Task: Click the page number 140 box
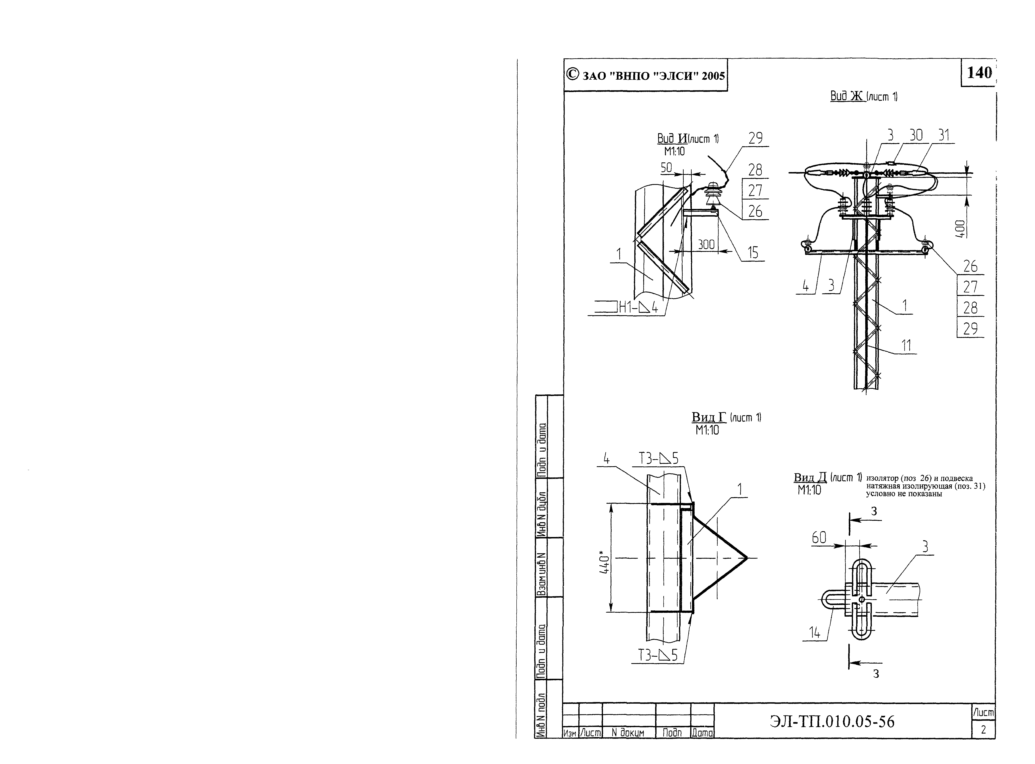[978, 73]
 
